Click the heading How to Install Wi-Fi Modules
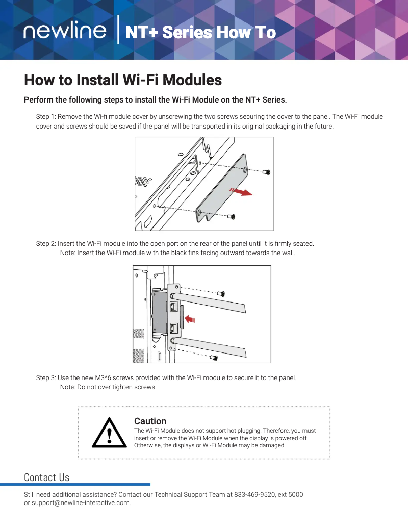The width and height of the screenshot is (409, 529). (123, 80)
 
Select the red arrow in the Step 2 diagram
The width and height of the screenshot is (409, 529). (189, 319)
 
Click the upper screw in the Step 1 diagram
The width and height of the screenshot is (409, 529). (266, 172)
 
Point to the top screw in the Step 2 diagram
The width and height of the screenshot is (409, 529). (221, 293)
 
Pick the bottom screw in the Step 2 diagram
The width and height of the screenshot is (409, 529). (214, 358)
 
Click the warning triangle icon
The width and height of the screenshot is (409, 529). (109, 433)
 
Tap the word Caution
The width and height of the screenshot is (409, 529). (150, 421)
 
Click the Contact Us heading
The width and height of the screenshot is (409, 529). (46, 477)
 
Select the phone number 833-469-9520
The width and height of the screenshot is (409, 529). (253, 495)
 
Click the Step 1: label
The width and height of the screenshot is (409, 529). (46, 117)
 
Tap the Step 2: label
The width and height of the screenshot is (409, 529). (46, 244)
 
